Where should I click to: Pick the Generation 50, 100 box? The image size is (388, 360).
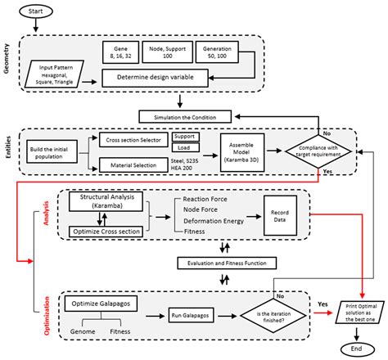pyautogui.click(x=219, y=55)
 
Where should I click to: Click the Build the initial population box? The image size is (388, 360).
pyautogui.click(x=56, y=155)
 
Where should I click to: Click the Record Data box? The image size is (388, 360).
pyautogui.click(x=279, y=215)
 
